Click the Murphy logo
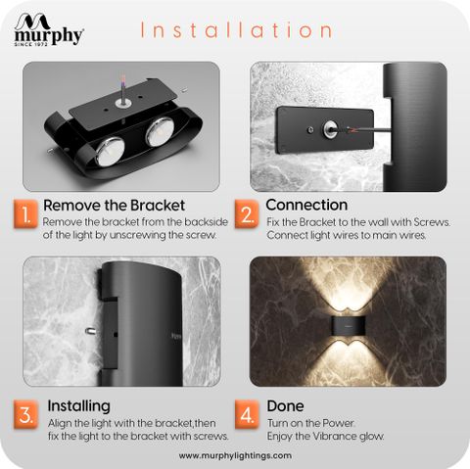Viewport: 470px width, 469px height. pos(49,29)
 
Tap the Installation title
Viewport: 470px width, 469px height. pos(237,30)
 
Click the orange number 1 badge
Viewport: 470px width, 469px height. pos(25,214)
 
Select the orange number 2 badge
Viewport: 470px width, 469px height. pos(247,214)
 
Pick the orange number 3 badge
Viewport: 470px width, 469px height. pos(25,415)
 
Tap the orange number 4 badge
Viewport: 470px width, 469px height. pos(247,415)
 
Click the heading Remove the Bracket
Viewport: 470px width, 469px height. pos(114,206)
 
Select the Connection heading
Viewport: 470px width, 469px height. pos(306,205)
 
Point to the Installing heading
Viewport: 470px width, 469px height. pos(78,406)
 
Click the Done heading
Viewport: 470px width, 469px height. pos(285,406)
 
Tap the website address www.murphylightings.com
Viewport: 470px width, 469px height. pos(235,455)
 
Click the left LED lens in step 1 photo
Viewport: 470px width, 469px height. pos(110,152)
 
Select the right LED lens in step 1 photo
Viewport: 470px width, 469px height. pos(160,131)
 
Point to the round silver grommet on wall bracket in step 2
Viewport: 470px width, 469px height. pos(330,128)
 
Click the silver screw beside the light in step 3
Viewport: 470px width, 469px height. pos(91,331)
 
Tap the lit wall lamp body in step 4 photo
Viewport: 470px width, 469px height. pos(348,325)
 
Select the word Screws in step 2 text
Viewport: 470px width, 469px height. pos(432,222)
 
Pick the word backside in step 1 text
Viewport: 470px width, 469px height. pos(206,222)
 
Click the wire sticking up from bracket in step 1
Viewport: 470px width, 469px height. pos(122,90)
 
